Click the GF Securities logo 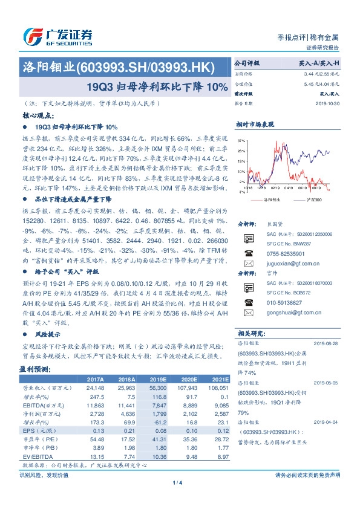coord(57,36)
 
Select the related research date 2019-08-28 coord(330,342)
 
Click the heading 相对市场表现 coord(255,123)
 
